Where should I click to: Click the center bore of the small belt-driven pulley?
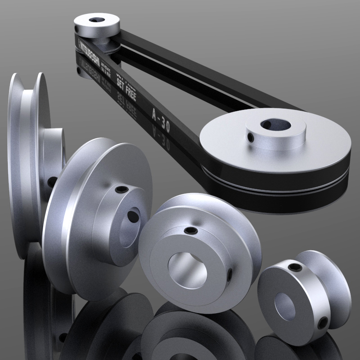(96, 20)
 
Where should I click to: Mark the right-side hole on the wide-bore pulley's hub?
(230, 273)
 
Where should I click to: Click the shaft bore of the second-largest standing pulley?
(133, 216)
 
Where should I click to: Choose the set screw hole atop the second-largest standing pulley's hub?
(120, 189)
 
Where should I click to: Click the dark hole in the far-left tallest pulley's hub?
(52, 182)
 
